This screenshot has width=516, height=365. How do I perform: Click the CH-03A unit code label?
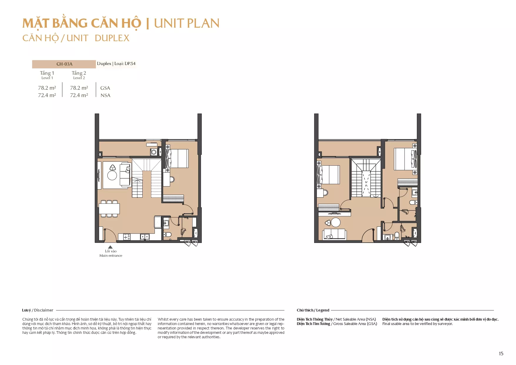(x=64, y=64)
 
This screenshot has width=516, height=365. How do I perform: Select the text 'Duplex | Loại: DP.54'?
(x=116, y=64)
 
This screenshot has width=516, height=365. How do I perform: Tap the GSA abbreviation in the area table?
(x=105, y=88)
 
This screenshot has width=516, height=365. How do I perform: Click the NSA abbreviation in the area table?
(x=105, y=95)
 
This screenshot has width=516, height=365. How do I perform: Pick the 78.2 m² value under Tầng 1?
(x=47, y=88)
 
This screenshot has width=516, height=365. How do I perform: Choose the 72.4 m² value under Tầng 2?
(x=79, y=95)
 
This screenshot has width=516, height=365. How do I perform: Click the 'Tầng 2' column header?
(x=79, y=73)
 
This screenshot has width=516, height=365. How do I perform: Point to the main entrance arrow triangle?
(x=110, y=247)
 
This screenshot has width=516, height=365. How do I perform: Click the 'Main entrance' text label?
(x=111, y=256)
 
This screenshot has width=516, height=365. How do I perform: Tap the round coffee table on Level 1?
(x=112, y=175)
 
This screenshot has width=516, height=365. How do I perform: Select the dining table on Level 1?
(x=109, y=209)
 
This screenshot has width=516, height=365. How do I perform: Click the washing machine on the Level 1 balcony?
(x=154, y=152)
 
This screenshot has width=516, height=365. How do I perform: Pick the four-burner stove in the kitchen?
(x=127, y=237)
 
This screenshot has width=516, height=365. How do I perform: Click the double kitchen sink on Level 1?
(x=145, y=237)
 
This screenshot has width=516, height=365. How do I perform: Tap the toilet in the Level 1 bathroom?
(x=168, y=234)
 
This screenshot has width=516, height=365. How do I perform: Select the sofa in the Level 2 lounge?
(x=334, y=234)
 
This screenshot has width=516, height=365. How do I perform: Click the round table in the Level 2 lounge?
(x=336, y=222)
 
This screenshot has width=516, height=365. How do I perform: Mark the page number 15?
(x=501, y=354)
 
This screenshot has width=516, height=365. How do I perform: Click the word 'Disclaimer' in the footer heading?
(x=44, y=310)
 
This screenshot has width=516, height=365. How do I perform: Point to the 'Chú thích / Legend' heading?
(x=313, y=310)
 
